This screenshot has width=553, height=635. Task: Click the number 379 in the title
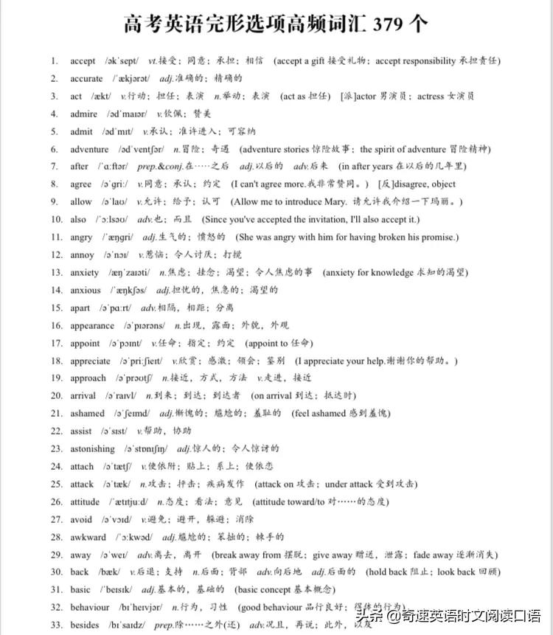pos(389,24)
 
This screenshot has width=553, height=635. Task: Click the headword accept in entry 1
pos(83,60)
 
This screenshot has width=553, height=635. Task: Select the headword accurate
pos(86,78)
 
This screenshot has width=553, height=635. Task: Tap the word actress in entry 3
pos(431,96)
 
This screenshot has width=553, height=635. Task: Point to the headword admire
pos(83,114)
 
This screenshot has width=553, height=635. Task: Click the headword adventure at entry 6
pos(89,149)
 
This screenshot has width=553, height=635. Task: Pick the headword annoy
pos(82,255)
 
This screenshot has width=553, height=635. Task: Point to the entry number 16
pos(57,325)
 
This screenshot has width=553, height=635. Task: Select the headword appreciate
pos(90,361)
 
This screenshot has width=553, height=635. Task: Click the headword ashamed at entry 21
pos(87,414)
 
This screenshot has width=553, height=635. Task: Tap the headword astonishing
pos(92,448)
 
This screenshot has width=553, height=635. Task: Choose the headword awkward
pos(88,537)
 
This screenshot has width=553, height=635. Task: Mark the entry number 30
pos(57,572)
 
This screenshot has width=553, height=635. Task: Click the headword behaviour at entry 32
pos(90,608)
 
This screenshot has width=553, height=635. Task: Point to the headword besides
pos(84,625)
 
